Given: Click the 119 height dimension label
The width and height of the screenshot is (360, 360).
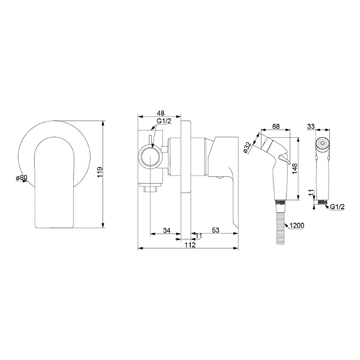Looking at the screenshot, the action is tap(100, 172).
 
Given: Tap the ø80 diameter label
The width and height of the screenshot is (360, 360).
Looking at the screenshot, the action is tap(21, 177).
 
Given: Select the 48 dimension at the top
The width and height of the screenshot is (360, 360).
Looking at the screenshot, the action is tap(161, 113).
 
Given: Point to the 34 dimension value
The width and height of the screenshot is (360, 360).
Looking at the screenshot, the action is tap(166, 230).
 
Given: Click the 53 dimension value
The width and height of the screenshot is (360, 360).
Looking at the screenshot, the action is tap(216, 230).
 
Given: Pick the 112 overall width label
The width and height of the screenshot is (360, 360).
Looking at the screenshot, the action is tap(190, 245).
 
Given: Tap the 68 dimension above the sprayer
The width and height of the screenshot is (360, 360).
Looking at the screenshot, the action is tap(276, 126).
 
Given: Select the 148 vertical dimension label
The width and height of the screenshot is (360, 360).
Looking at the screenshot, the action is tap(295, 169).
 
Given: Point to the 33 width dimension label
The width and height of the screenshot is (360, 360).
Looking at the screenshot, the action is tap(311, 126).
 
